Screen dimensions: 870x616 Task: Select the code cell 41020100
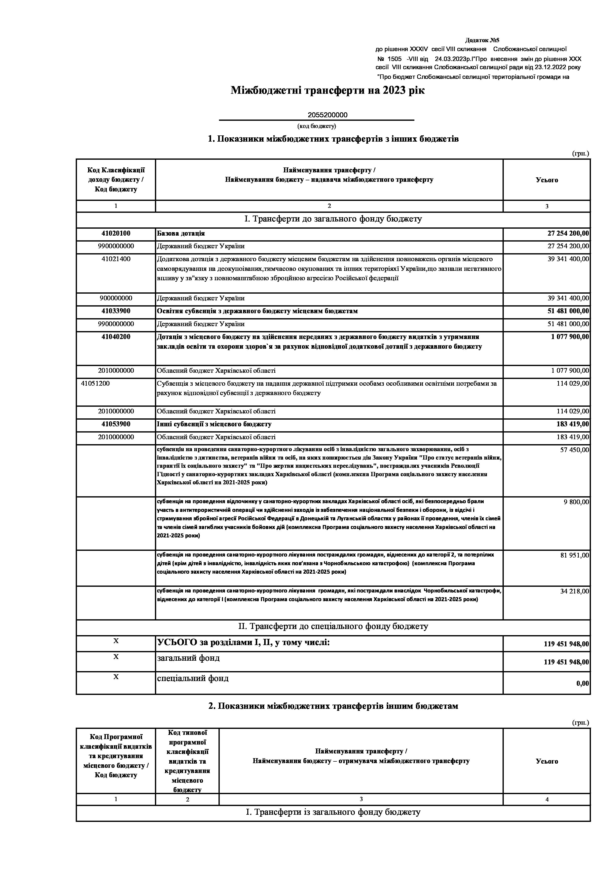(116, 233)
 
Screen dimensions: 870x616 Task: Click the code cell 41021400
(116, 259)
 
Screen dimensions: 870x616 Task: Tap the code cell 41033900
(116, 311)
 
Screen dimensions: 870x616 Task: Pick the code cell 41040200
(116, 337)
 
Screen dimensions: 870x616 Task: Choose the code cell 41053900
(116, 424)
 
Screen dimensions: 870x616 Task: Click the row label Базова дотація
(181, 233)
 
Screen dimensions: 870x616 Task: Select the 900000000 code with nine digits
(116, 298)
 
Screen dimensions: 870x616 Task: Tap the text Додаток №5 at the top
(482, 40)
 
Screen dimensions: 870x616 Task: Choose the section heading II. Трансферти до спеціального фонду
(333, 626)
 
